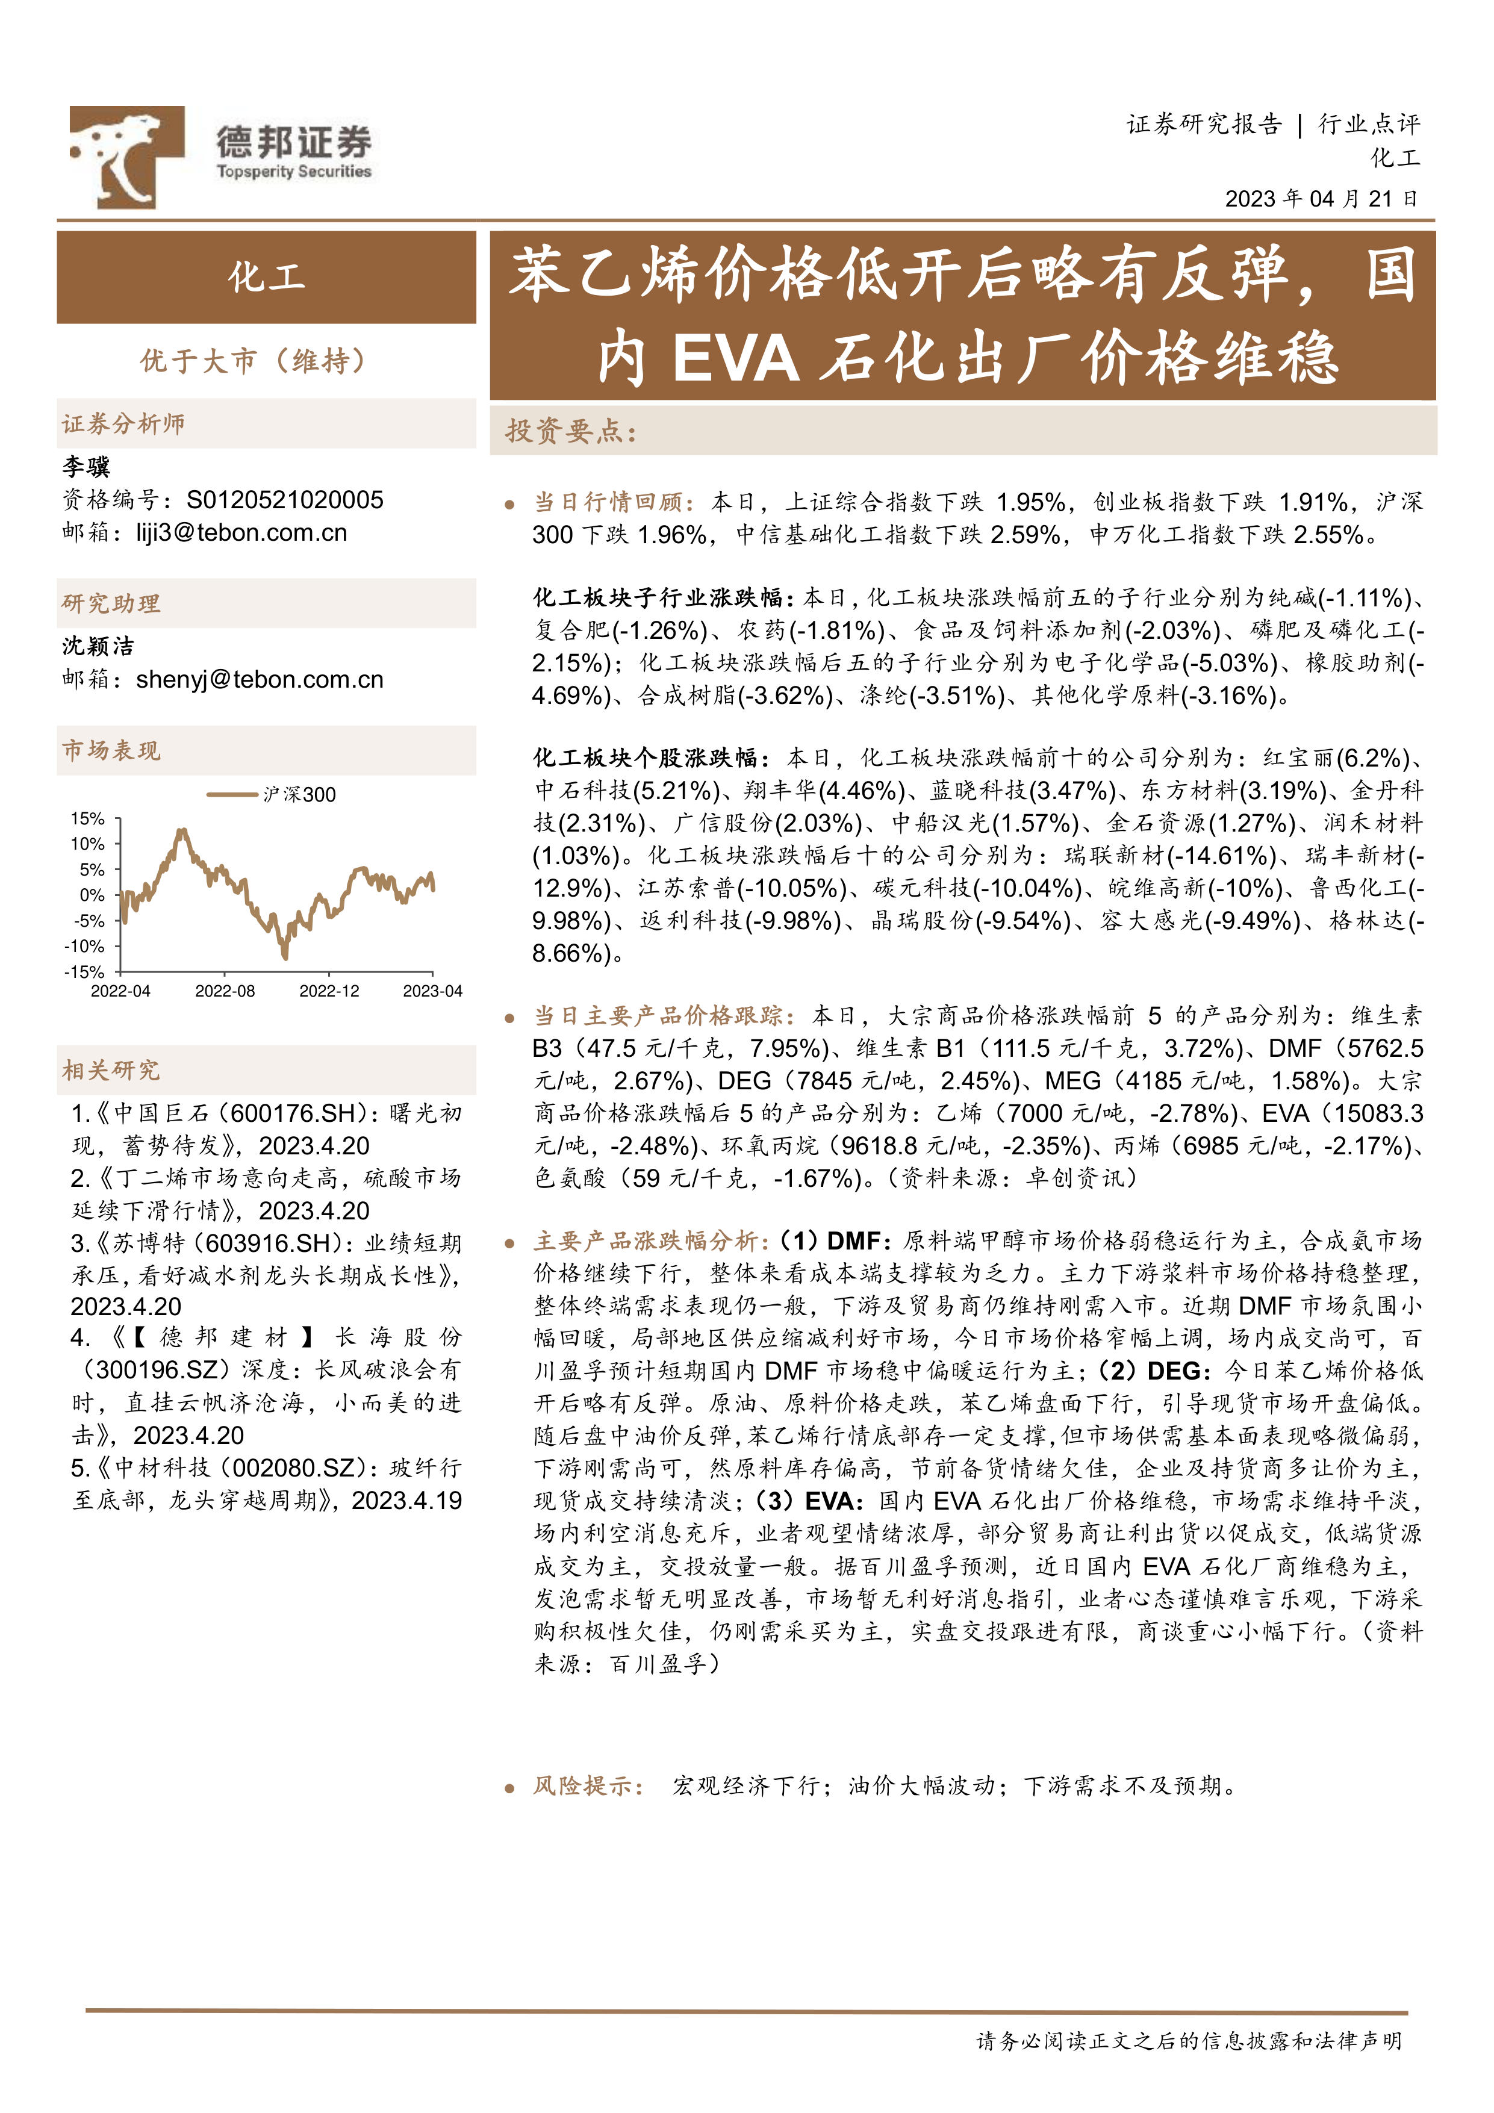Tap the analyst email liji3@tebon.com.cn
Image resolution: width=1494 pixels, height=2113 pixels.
point(241,533)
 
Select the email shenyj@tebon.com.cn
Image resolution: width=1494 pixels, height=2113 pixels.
point(259,680)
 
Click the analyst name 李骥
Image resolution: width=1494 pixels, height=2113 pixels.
point(86,467)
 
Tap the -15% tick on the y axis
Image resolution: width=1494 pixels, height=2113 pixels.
point(85,972)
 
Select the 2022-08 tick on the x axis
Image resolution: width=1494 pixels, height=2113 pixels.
point(225,991)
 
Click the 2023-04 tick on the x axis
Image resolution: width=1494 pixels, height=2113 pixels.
point(432,991)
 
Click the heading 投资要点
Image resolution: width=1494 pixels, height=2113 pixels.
point(571,431)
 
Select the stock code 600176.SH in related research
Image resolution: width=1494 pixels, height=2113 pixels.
point(292,1113)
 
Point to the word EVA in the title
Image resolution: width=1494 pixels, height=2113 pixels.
point(735,358)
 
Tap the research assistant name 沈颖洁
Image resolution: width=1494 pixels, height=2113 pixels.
point(98,646)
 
